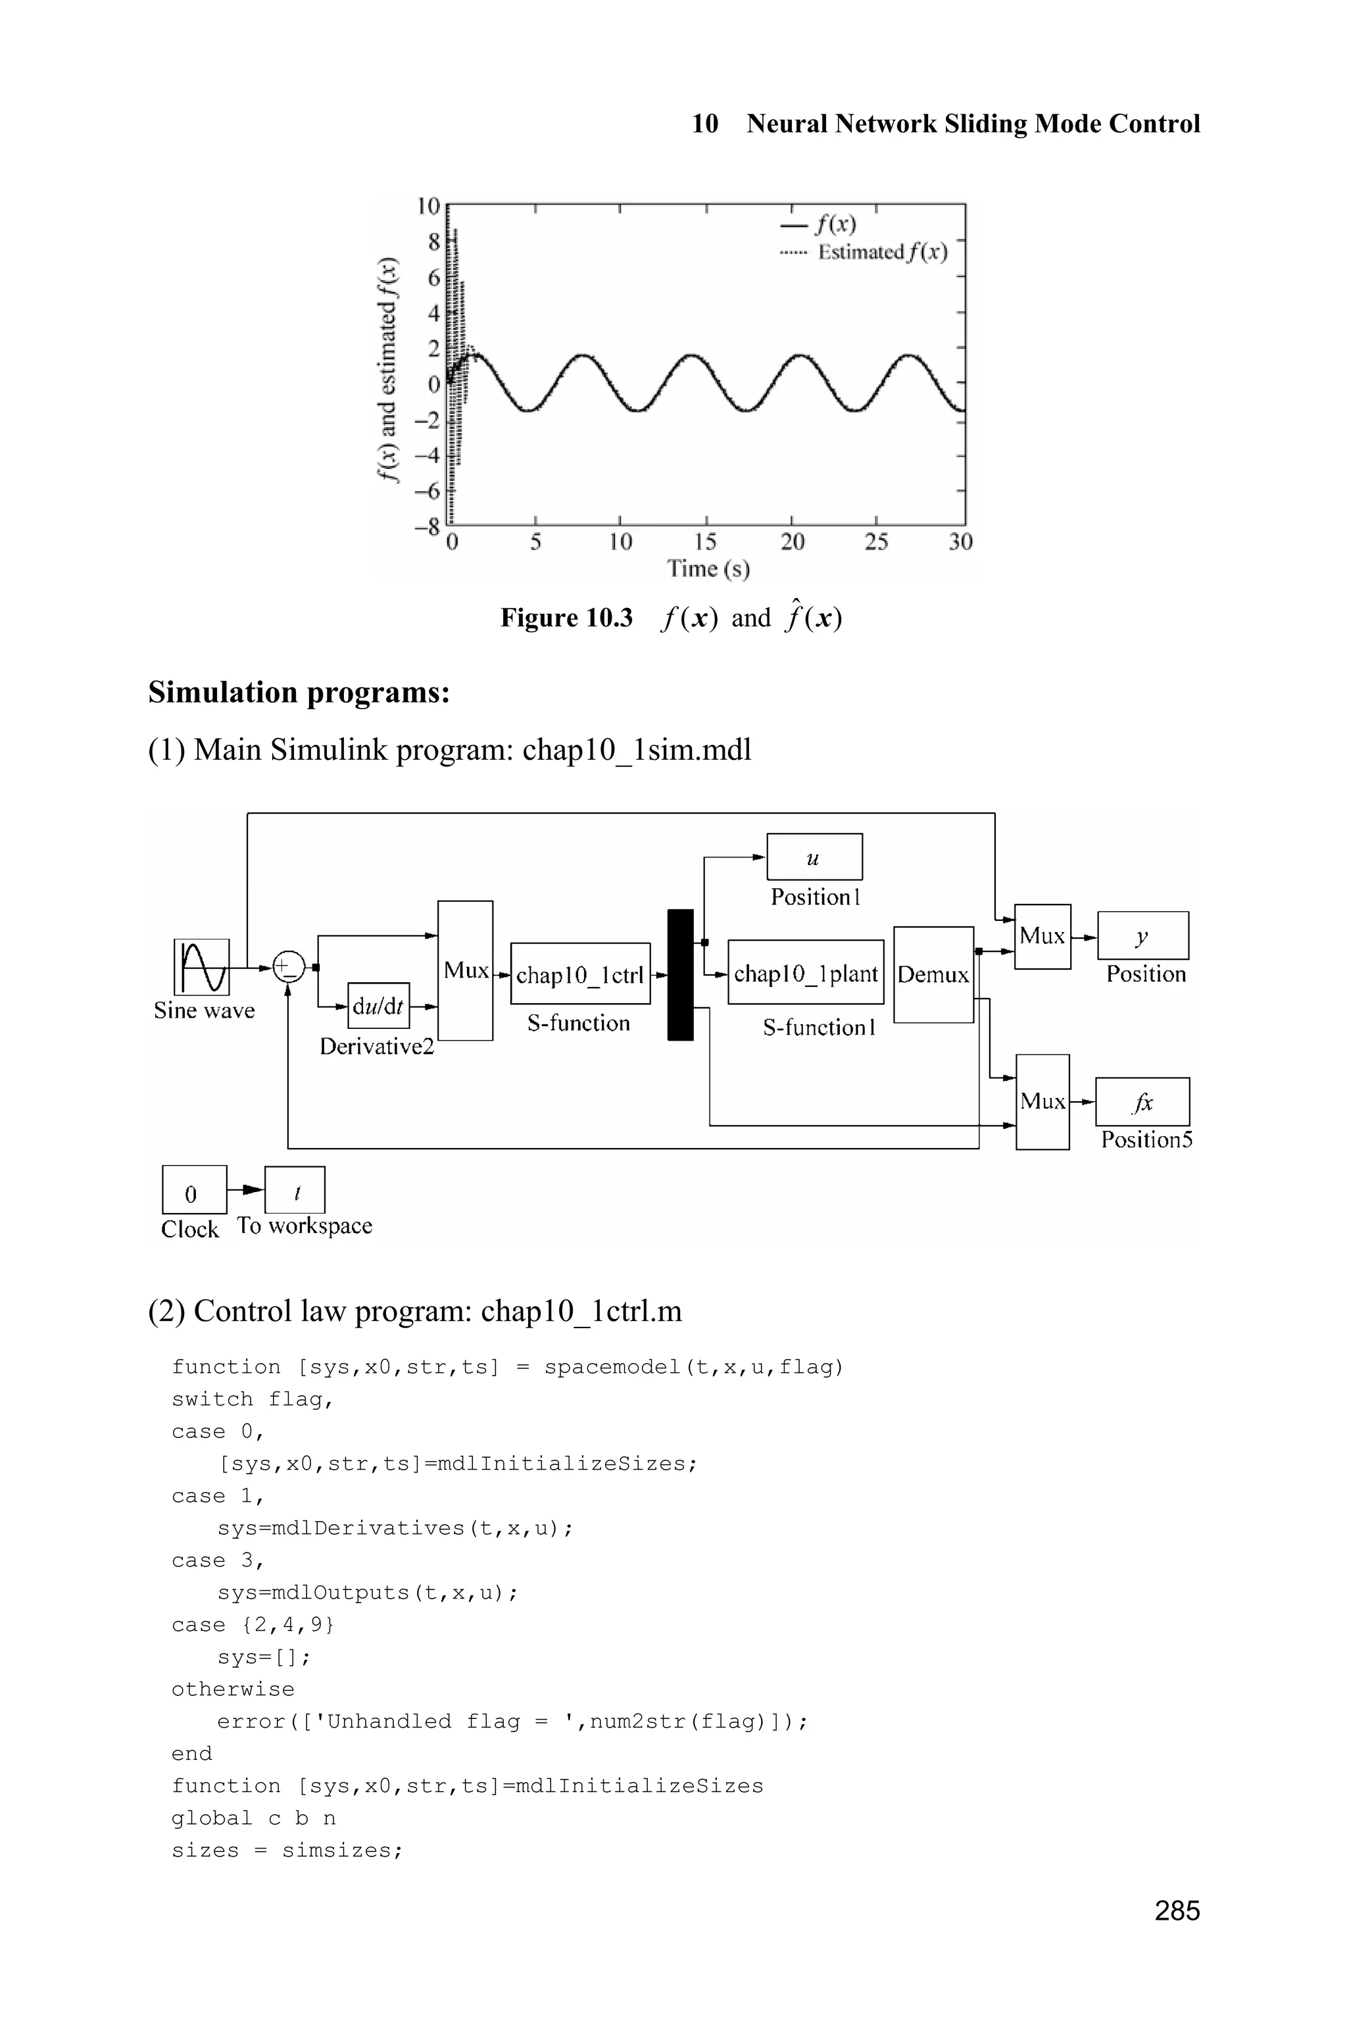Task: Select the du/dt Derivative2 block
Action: coord(379,1005)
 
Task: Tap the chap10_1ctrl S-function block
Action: coord(580,974)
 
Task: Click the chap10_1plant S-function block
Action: coord(805,972)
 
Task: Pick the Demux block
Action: coord(933,974)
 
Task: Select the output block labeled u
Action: coord(814,857)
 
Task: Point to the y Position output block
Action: coord(1142,935)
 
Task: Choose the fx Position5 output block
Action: coord(1142,1101)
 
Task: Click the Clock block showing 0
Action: coord(194,1190)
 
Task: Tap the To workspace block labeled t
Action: coord(295,1190)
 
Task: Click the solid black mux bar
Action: coord(680,974)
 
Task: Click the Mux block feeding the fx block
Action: coord(1042,1101)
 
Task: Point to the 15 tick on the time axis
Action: coord(705,541)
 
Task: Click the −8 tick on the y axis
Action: coord(427,526)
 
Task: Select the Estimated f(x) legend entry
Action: coord(881,252)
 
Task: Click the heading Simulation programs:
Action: coord(299,691)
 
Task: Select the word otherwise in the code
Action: coord(233,1689)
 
